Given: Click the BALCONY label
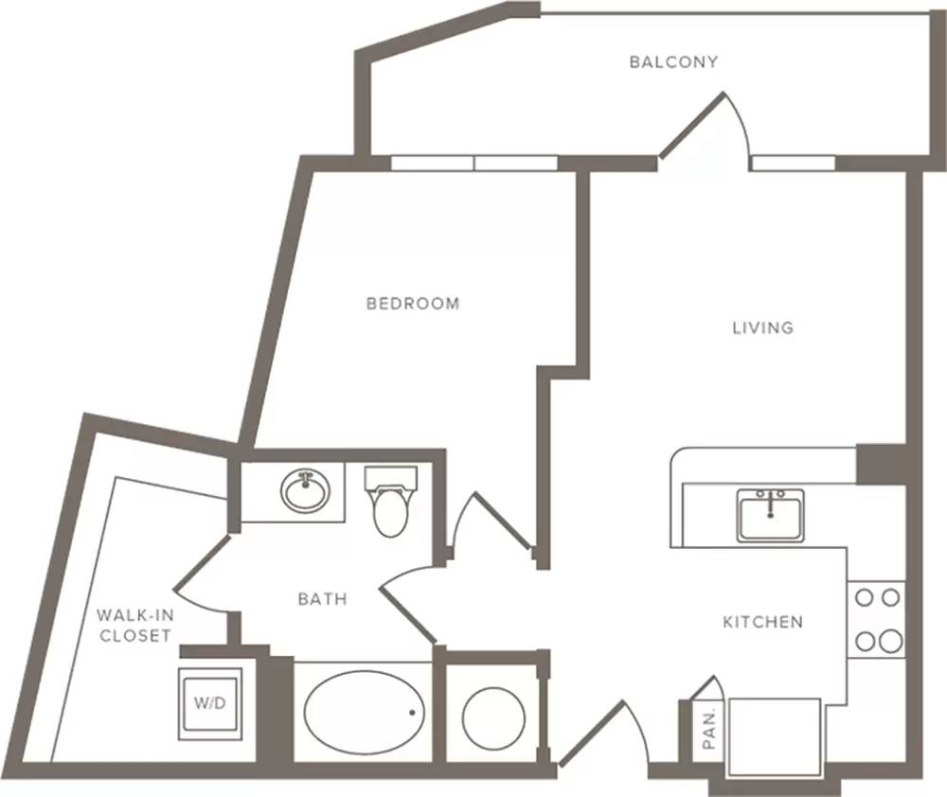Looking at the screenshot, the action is (x=673, y=62).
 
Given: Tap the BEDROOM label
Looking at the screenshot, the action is (x=413, y=303).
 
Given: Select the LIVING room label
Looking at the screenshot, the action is (x=762, y=328).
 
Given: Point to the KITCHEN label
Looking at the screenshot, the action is (x=762, y=622).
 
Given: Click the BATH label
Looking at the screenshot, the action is (x=323, y=599).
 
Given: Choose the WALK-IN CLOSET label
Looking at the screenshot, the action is (x=135, y=626).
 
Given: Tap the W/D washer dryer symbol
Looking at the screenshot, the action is (x=210, y=703).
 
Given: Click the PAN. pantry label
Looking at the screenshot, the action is (x=709, y=729).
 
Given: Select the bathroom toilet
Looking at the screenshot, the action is (x=391, y=502).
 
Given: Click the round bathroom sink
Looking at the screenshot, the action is (x=306, y=491).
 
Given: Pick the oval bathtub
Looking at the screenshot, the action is (x=364, y=713).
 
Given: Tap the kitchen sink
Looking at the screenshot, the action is (x=770, y=516).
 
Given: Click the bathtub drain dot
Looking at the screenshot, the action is (x=413, y=713).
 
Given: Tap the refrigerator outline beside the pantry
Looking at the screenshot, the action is (x=775, y=736).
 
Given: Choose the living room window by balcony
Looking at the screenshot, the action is (x=793, y=163).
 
